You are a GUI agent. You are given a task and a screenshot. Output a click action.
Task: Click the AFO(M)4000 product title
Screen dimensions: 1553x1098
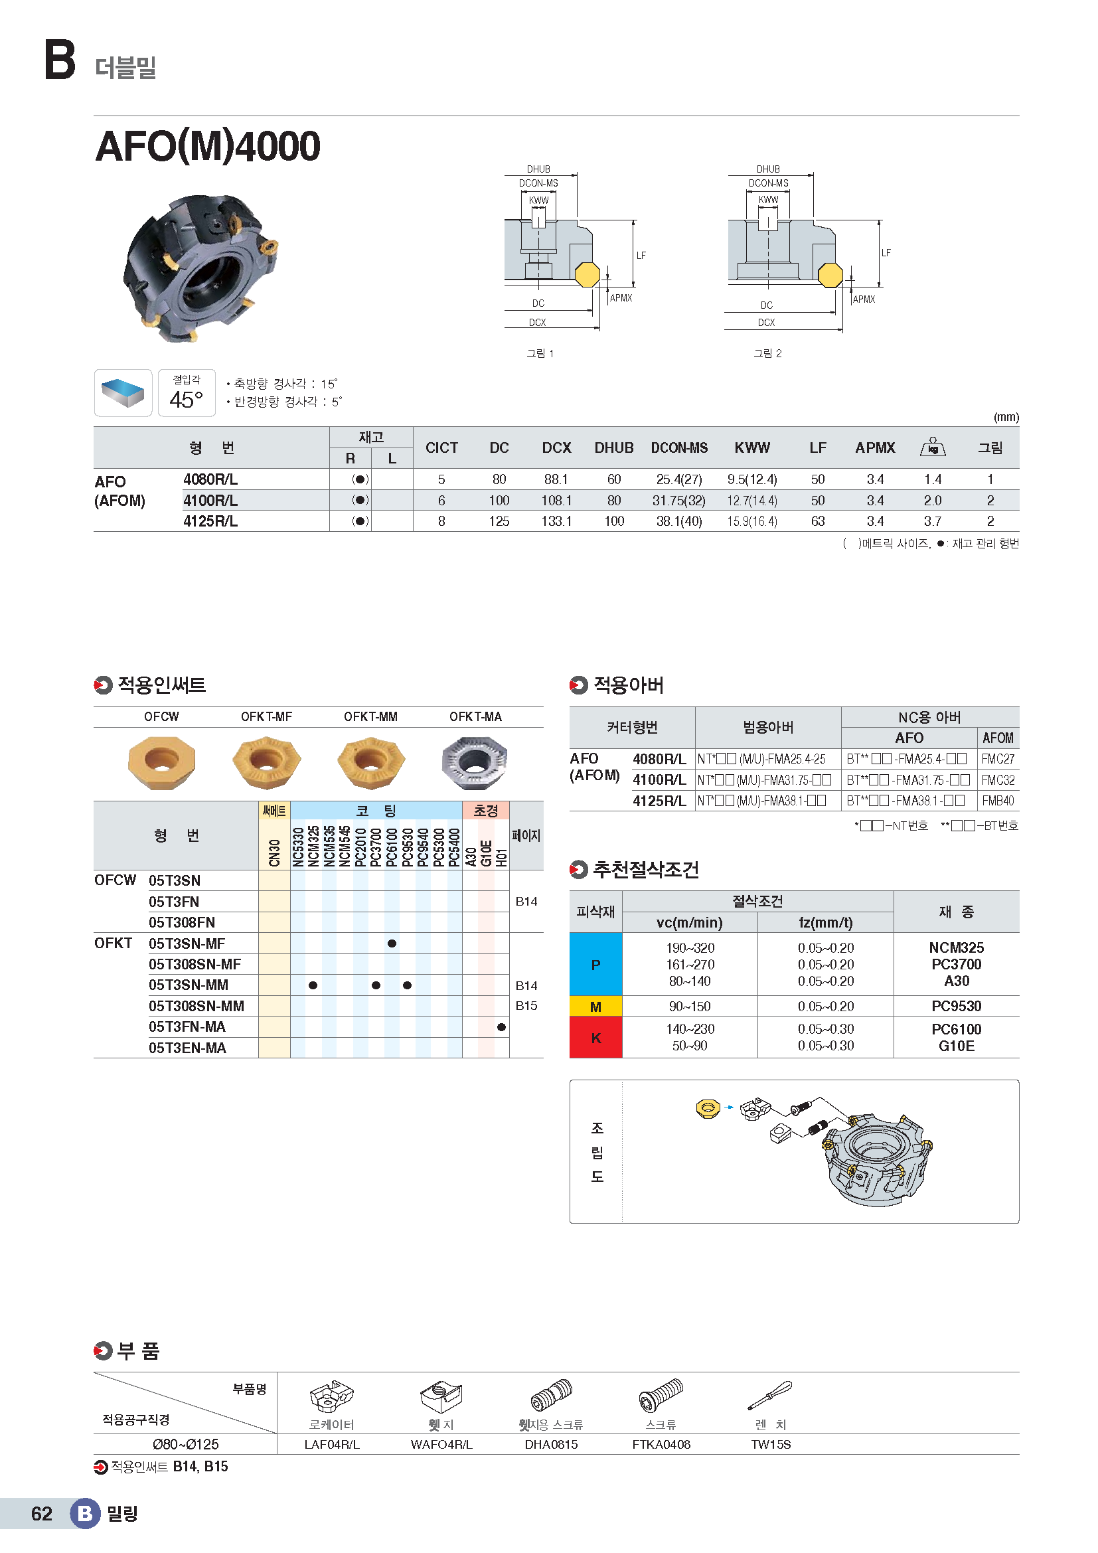pos(208,146)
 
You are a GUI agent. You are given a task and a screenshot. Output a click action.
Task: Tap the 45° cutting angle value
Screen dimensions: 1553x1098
pos(186,400)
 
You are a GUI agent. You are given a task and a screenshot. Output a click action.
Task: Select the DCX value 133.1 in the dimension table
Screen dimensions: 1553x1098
pos(556,521)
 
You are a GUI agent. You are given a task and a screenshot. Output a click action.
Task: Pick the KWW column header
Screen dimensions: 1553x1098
pos(752,448)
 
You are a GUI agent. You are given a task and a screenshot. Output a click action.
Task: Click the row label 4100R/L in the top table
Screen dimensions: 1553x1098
pos(210,501)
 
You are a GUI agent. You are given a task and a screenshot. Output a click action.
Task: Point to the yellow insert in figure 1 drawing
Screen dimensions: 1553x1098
pos(587,275)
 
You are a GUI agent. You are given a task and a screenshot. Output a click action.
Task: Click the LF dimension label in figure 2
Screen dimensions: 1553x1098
pos(886,253)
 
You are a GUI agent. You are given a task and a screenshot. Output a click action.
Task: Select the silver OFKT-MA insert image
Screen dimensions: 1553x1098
pos(475,762)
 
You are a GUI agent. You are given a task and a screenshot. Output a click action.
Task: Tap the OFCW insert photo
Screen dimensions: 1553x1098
pos(161,762)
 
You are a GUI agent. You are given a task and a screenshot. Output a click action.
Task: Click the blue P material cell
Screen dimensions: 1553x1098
pos(595,965)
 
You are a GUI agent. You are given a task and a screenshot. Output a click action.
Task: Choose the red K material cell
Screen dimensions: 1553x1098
pos(595,1038)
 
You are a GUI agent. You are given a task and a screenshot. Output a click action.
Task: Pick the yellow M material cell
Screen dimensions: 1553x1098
pos(595,1007)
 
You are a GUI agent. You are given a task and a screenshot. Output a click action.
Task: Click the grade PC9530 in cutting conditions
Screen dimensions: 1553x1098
pos(956,1007)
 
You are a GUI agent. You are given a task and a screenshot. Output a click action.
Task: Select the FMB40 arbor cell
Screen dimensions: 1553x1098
pos(998,801)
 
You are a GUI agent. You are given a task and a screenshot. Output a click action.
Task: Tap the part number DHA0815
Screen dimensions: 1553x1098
pos(551,1445)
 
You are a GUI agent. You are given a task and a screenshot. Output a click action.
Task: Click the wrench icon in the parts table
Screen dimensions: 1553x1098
pos(770,1396)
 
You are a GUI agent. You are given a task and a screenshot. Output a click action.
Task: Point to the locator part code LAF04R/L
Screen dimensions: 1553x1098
pos(332,1445)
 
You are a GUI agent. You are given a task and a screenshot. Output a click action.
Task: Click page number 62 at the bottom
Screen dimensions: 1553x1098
pos(41,1514)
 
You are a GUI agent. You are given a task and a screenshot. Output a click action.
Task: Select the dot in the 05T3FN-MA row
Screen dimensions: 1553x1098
pos(501,1027)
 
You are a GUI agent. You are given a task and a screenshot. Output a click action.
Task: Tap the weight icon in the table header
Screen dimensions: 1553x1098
pos(932,447)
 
